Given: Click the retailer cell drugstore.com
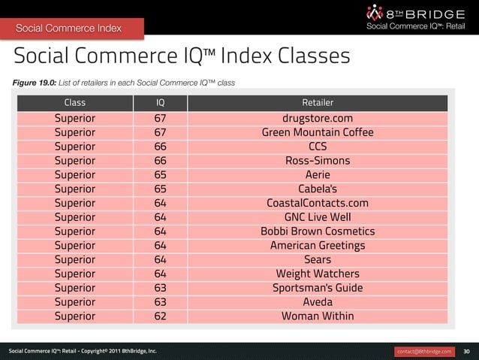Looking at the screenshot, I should (317, 119).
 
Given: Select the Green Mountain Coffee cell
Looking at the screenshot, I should (317, 133).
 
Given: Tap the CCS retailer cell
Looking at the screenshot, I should (317, 147).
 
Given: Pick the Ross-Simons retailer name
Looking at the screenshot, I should (317, 161).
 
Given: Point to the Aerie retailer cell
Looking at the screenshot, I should (317, 175).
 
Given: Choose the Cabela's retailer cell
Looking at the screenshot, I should (317, 189).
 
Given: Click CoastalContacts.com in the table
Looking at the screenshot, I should (317, 204).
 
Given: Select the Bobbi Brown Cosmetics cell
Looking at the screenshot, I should (317, 231).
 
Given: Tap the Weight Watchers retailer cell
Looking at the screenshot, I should (317, 274).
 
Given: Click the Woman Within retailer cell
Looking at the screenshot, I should (317, 316).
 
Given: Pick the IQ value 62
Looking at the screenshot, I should (161, 316).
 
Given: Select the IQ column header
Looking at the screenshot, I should (161, 102).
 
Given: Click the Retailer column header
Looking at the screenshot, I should (317, 102).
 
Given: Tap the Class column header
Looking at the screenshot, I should (75, 102).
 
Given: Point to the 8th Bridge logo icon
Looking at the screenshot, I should (375, 13).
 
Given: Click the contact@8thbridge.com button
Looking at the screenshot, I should (424, 351).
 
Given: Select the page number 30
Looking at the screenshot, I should (466, 351).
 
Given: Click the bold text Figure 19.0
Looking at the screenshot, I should (30, 82).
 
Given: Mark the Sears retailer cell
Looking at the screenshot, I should (317, 260).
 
